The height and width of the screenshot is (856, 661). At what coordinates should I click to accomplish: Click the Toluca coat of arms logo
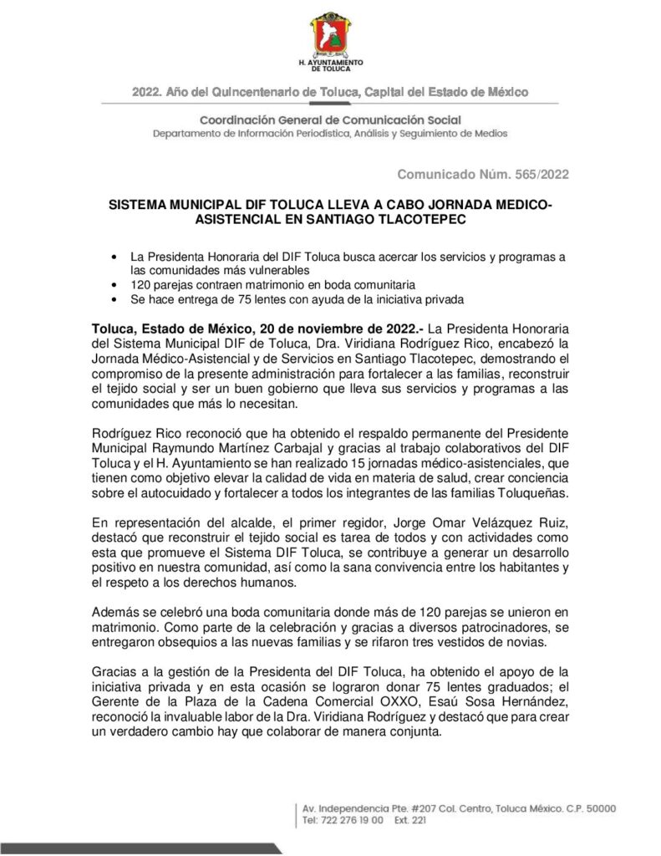click(x=331, y=34)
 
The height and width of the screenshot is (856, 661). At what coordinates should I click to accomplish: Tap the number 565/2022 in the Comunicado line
click(x=538, y=174)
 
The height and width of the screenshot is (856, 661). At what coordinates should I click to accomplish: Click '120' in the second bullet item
click(x=140, y=284)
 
